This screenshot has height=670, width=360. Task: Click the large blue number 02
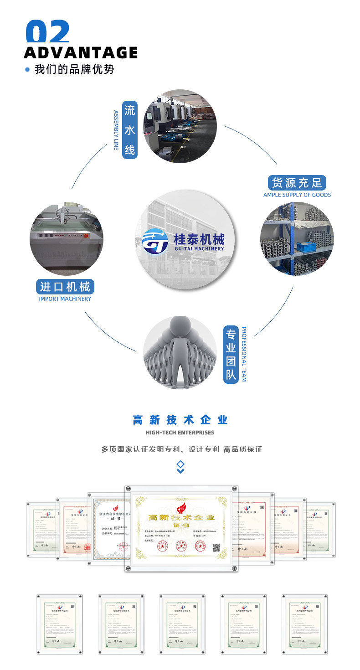(x=48, y=32)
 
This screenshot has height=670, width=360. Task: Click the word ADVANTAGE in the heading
(x=81, y=52)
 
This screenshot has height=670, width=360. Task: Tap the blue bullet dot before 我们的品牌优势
(x=27, y=70)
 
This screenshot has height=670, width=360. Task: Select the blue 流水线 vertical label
(x=130, y=130)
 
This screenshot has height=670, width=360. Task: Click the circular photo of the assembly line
(x=180, y=126)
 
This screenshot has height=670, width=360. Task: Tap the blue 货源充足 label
(x=297, y=183)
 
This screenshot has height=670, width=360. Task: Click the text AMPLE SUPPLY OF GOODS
(x=297, y=195)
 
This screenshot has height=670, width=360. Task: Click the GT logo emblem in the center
(x=155, y=242)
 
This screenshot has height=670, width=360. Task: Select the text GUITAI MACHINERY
(x=199, y=248)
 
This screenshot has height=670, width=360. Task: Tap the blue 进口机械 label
(x=65, y=287)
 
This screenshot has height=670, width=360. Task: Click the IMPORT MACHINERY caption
(x=65, y=299)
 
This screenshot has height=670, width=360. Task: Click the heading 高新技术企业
(x=180, y=420)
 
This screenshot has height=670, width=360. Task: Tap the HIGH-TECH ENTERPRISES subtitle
(x=180, y=432)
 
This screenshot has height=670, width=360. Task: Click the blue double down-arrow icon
(x=180, y=467)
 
